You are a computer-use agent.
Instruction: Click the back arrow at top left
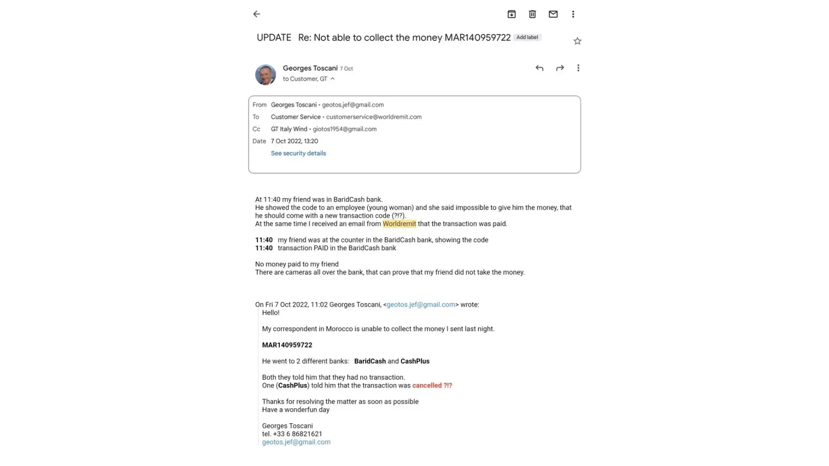[x=256, y=14]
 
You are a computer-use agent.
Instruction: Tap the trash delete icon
[x=532, y=14]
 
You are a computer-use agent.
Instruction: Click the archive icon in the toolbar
[x=511, y=14]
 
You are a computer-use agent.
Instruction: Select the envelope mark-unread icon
[x=553, y=14]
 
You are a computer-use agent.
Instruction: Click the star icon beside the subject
[x=577, y=41]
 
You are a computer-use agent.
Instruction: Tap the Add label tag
[x=527, y=37]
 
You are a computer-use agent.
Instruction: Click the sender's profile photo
[x=265, y=75]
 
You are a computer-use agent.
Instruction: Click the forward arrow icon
[x=560, y=68]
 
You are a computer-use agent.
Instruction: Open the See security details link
[x=298, y=153]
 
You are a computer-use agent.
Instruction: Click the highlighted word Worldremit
[x=399, y=224]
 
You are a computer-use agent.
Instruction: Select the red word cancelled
[x=427, y=385]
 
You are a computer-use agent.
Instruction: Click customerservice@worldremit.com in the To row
[x=373, y=117]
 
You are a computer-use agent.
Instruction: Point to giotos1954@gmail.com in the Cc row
[x=345, y=129]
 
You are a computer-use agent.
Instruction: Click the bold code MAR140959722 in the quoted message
[x=287, y=345]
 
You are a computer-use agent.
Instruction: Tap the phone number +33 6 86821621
[x=297, y=434]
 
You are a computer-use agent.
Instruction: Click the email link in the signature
[x=296, y=442]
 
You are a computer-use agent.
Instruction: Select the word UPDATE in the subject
[x=274, y=38]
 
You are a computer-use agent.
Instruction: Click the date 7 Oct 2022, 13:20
[x=294, y=141]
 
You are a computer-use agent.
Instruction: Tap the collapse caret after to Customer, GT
[x=332, y=79]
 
